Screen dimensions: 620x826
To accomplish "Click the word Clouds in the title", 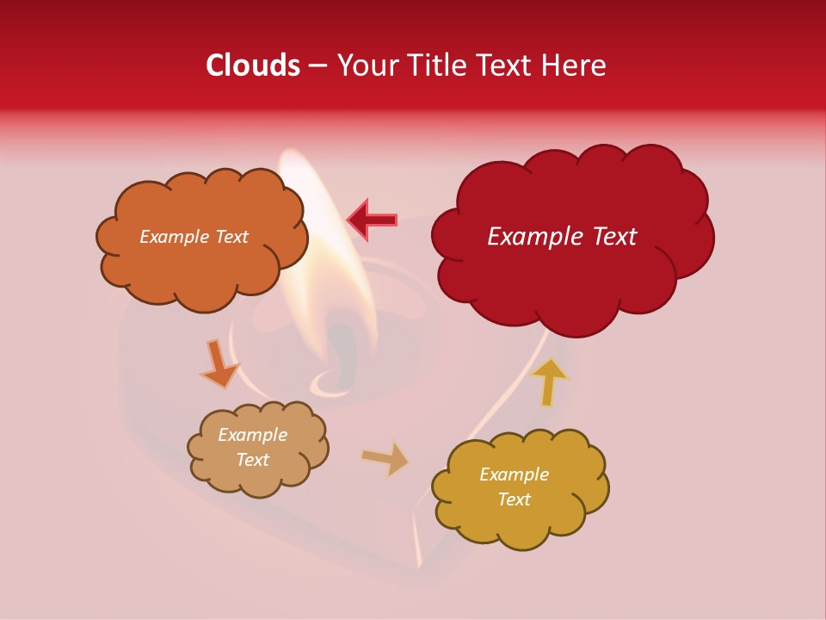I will [x=252, y=65].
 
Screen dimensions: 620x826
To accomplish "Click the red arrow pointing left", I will [x=372, y=220].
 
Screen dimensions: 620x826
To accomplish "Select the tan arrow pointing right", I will [x=385, y=459].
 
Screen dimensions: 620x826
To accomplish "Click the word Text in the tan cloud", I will [x=253, y=460].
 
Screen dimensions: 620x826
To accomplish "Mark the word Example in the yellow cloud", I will [x=514, y=474].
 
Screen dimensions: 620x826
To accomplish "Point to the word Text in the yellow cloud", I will [x=514, y=499].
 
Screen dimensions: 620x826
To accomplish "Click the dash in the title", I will [x=317, y=65].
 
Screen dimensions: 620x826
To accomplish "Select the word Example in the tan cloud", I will [x=253, y=435].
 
